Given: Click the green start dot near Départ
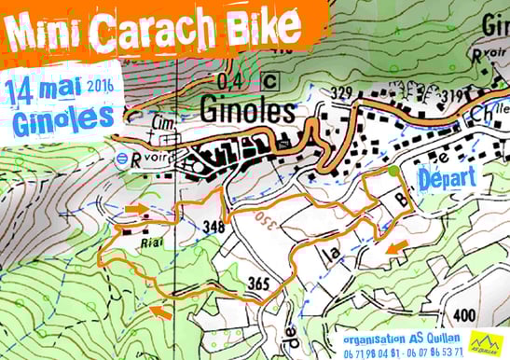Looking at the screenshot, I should point(394,172).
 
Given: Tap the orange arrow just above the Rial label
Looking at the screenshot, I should point(136,210).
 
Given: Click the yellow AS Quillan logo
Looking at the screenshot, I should point(485,341).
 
